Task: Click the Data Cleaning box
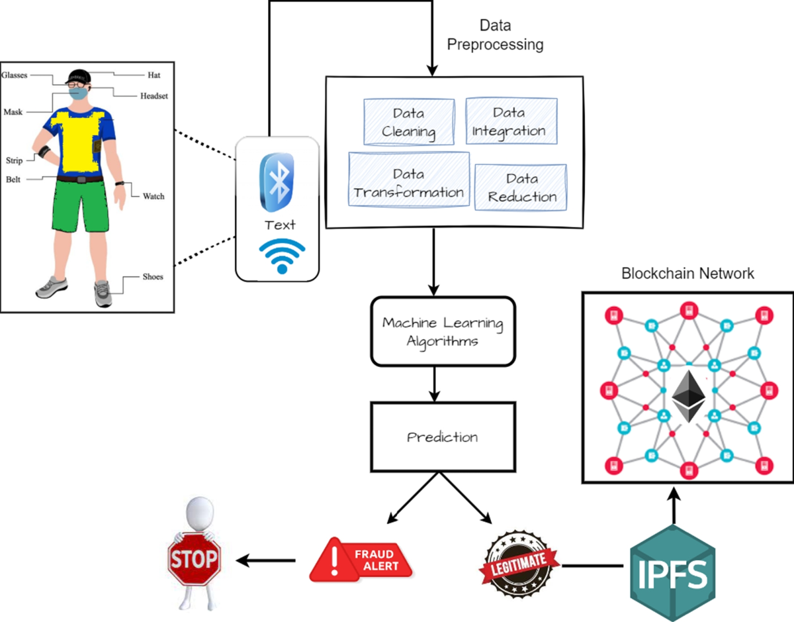[409, 122]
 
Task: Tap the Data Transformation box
[409, 183]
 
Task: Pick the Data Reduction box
[521, 187]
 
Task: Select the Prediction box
[442, 438]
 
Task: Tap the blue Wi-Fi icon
[283, 256]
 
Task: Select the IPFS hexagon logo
[672, 571]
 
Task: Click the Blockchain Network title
[687, 274]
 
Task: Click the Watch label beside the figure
[154, 196]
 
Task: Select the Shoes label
[153, 277]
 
